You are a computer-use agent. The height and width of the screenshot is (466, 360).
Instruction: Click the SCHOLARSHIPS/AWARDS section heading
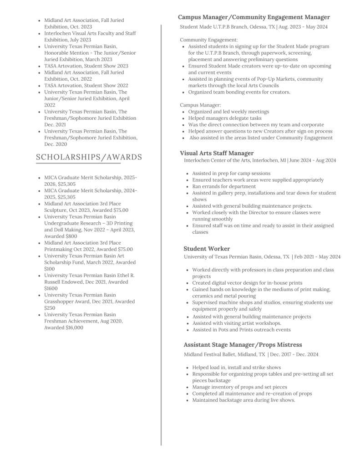[x=89, y=157]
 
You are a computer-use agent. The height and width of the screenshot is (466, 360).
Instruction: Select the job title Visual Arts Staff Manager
[x=217, y=153]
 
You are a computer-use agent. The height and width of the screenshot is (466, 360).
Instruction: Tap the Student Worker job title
[x=207, y=249]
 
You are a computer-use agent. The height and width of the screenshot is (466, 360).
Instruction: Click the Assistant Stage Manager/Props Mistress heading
[x=243, y=345]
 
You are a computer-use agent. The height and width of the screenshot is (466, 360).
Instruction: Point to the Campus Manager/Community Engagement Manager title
[x=254, y=17]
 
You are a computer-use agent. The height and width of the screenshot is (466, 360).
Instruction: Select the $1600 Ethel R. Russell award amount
[x=48, y=288]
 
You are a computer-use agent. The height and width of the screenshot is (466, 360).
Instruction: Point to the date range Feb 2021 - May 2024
[x=318, y=257]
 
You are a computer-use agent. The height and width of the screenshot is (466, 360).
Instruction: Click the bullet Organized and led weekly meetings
[x=228, y=112]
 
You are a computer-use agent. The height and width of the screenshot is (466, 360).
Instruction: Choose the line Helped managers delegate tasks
[x=225, y=118]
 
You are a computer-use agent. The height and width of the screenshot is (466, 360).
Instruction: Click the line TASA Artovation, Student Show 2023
[x=86, y=66]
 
